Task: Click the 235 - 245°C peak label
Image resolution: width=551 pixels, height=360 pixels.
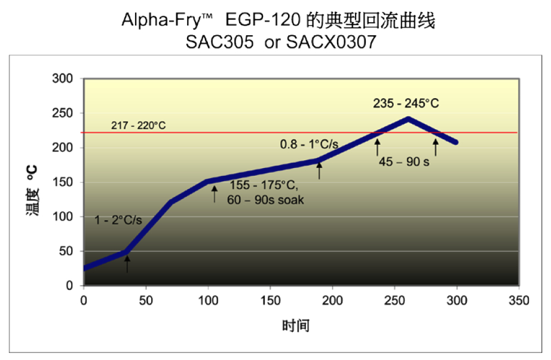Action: tap(406, 103)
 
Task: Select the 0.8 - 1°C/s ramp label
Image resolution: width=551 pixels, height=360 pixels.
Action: tap(308, 144)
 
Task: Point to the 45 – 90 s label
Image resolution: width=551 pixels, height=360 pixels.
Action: tap(404, 162)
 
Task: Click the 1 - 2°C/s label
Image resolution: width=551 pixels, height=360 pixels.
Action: tap(118, 220)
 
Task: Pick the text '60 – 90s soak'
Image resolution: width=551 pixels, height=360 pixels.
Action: tap(265, 200)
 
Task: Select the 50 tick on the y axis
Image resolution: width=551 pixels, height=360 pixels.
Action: tap(65, 252)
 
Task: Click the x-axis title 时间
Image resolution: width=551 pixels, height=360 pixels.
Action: tap(296, 326)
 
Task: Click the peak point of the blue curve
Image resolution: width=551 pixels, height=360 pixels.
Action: tap(408, 118)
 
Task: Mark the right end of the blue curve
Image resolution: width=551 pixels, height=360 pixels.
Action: tap(457, 142)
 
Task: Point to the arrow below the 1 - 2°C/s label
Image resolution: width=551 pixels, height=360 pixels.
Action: tap(127, 264)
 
